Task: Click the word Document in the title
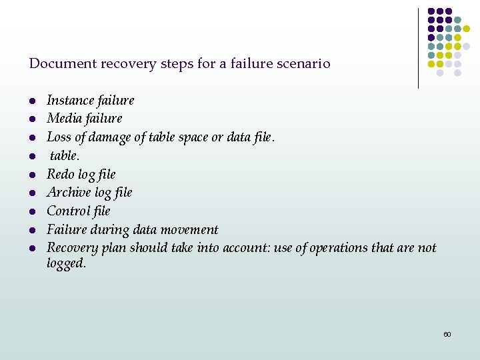[x=62, y=64]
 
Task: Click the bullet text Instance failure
[x=90, y=100]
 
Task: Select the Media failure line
[x=84, y=119]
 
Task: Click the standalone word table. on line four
[x=65, y=155]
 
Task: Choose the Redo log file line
[x=81, y=174]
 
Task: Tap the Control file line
[x=78, y=211]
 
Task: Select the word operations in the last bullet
[x=337, y=247]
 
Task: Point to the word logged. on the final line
[x=66, y=263]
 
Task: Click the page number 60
[x=447, y=334]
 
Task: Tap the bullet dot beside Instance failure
[x=31, y=101]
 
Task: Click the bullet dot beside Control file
[x=31, y=212]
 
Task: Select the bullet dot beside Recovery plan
[x=31, y=249]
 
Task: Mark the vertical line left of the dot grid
[x=418, y=48]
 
